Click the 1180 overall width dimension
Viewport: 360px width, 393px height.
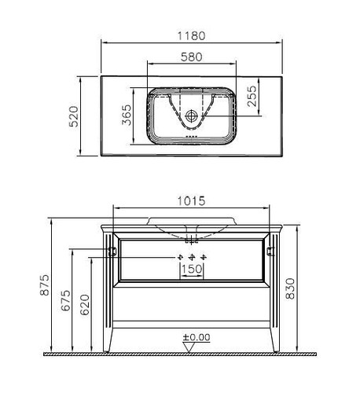[191, 36]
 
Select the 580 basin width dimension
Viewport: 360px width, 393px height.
[192, 57]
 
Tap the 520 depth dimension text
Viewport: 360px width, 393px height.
[74, 116]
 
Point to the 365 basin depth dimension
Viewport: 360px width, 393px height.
[127, 115]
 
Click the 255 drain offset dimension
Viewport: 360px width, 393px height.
[252, 96]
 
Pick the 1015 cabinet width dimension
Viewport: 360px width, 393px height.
[191, 201]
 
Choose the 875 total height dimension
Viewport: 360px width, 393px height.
[45, 285]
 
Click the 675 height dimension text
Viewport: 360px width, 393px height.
[66, 300]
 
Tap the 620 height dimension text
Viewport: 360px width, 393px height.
[85, 305]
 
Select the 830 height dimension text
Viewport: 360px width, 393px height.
[290, 288]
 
